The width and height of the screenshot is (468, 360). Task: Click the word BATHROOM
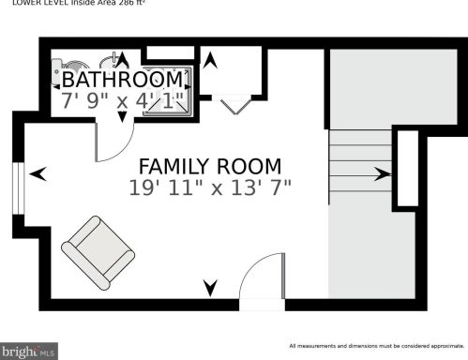click(121, 78)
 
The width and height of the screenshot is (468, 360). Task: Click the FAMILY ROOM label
click(210, 166)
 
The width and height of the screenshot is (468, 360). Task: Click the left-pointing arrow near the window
click(38, 173)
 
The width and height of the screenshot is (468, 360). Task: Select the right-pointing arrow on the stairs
click(382, 173)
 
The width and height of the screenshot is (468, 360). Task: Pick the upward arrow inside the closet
click(212, 61)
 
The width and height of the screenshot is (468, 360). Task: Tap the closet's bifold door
click(232, 106)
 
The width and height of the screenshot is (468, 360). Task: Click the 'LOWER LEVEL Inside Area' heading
click(79, 4)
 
